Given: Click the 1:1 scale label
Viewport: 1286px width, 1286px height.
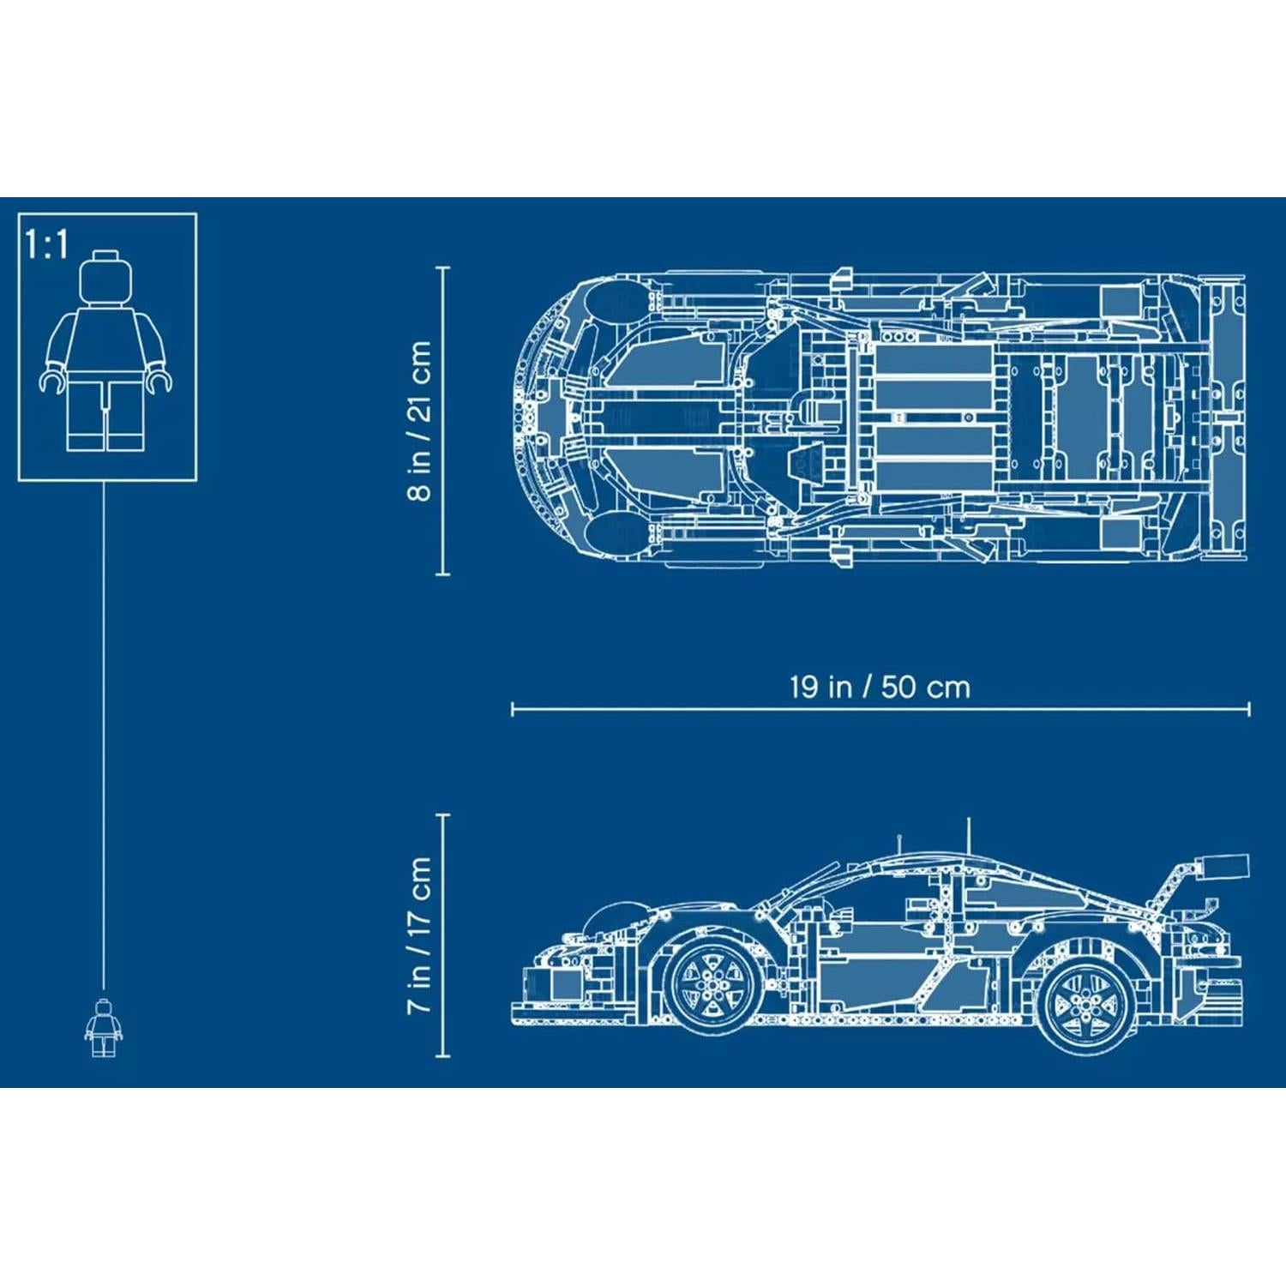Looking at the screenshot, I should pos(46,244).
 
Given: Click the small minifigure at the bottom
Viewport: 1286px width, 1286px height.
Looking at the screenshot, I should pos(103,1028).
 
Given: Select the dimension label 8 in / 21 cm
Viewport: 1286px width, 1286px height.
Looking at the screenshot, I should pos(419,420).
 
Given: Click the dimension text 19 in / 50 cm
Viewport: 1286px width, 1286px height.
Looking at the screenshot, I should pos(880,687).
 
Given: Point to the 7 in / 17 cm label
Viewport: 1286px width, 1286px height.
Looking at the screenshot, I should pos(419,935).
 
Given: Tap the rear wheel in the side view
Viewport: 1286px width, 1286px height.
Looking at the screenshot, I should pos(1084,1003).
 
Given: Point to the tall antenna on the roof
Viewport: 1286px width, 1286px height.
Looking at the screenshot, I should pos(969,836).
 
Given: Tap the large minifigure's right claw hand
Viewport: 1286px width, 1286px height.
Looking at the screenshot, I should pos(159,380).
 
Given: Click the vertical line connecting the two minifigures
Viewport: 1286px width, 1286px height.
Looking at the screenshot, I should pos(104,737).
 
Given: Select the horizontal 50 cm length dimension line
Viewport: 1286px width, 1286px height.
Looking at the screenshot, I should pos(880,709).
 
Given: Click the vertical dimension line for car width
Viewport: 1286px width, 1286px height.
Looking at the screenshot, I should pos(443,420).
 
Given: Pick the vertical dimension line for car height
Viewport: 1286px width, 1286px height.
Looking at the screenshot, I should pos(443,935).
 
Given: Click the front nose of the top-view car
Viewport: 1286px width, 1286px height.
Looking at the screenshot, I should pos(523,420).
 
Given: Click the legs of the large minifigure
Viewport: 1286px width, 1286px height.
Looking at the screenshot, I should pos(105,415).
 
